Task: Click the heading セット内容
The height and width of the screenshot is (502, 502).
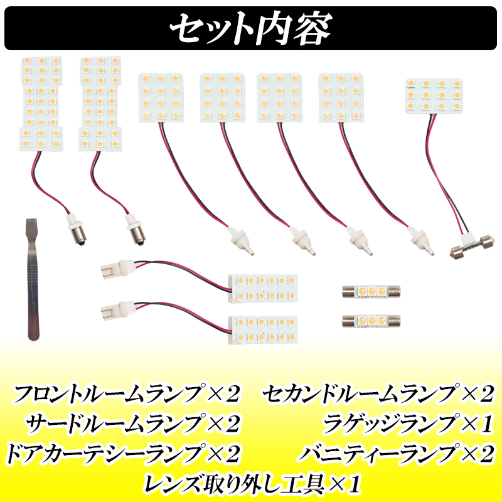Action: tap(251, 28)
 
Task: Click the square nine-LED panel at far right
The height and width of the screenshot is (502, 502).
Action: tap(434, 95)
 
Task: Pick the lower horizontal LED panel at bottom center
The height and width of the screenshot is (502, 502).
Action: tap(263, 328)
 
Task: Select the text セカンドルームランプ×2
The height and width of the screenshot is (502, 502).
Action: tap(379, 395)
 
